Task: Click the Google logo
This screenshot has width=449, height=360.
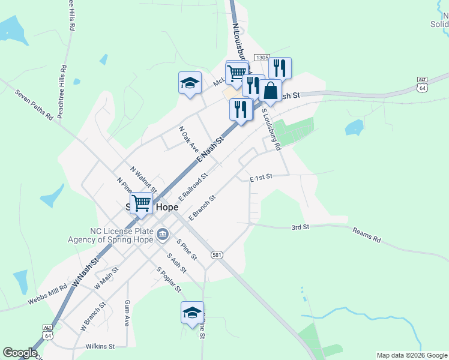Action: coord(20,353)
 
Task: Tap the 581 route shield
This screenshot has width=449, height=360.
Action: coord(217,255)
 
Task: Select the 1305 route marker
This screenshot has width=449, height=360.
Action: coord(261,58)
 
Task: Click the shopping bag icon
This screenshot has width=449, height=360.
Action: coord(271,91)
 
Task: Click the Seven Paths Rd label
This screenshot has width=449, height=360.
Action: coord(34,106)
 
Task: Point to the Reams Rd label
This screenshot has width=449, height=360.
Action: coord(367,235)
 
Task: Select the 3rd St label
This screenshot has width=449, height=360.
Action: coord(300,227)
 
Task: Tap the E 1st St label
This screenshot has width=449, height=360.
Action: coord(261,178)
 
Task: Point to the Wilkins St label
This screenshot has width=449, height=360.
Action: coord(100,346)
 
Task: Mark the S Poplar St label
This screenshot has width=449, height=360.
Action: coord(169,280)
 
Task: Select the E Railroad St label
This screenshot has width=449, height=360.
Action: coord(193,187)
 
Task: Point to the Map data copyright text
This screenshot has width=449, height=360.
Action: coord(412,355)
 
